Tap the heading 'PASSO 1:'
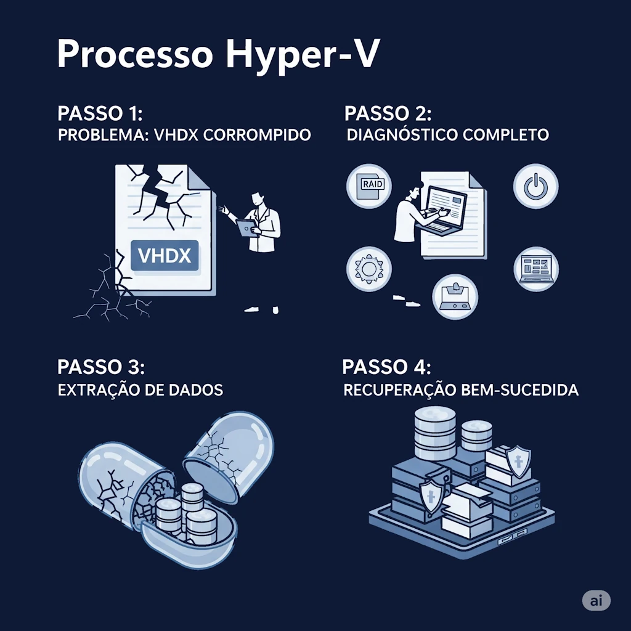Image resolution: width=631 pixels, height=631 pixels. pos(100,113)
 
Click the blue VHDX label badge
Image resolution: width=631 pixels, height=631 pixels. pos(165,256)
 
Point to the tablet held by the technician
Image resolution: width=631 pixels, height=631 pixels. pos(247,227)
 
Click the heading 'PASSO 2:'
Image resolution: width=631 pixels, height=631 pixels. pos(388,113)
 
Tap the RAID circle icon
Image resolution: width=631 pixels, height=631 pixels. pos(368,186)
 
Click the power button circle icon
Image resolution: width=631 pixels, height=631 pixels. pos(536,186)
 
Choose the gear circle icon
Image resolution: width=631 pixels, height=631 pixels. pos(368,269)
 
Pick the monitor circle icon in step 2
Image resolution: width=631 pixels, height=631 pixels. pos(536,269)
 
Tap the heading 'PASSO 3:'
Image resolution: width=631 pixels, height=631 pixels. pos(100,367)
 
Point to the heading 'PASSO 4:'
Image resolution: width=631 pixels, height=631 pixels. pos(386,367)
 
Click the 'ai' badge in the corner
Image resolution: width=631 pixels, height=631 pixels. pos(596,601)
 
